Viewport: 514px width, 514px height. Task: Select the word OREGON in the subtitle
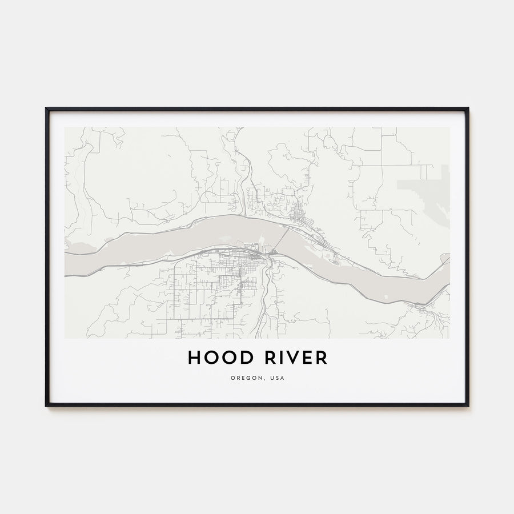click(244, 378)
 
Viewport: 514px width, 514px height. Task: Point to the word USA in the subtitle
click(276, 378)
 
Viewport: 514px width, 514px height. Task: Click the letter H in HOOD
click(195, 358)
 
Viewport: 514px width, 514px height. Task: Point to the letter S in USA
click(276, 378)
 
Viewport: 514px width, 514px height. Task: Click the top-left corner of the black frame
click(47, 109)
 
